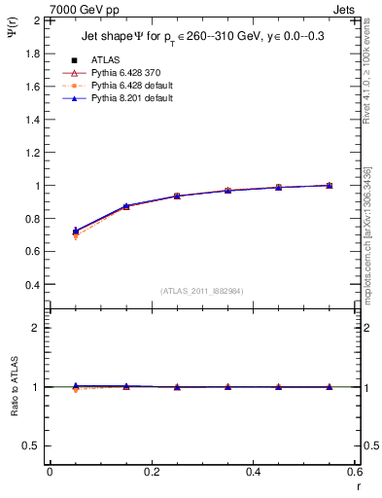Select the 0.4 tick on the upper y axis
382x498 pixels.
click(33, 285)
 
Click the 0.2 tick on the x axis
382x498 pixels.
click(151, 472)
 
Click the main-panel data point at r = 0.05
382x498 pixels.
click(76, 231)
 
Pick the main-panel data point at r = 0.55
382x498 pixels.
click(330, 185)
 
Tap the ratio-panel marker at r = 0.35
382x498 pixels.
click(228, 387)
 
